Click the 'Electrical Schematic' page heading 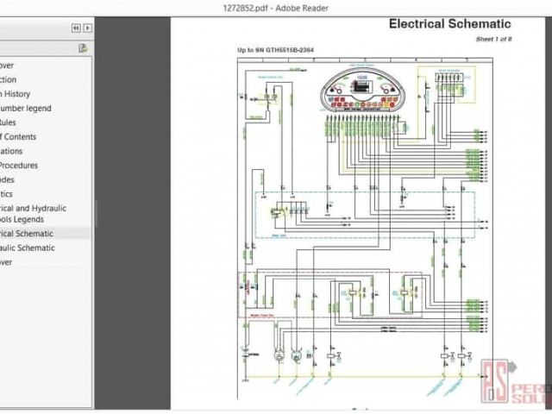[449, 24]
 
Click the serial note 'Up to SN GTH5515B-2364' [275, 50]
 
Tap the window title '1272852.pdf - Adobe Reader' [275, 7]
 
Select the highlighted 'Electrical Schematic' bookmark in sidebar [27, 234]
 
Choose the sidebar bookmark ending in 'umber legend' [26, 109]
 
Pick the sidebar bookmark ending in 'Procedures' [19, 166]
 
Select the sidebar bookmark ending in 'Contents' [18, 137]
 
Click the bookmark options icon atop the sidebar [82, 48]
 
